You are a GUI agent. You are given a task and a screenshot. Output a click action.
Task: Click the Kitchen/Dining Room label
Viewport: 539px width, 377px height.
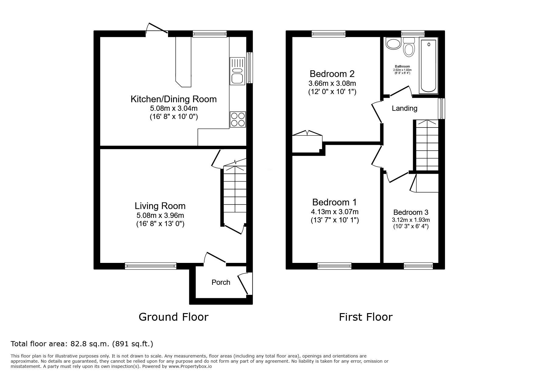click(173, 99)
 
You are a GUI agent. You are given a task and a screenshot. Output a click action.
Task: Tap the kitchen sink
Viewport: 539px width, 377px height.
click(237, 71)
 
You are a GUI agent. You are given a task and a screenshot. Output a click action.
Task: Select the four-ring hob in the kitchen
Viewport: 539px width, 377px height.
click(238, 120)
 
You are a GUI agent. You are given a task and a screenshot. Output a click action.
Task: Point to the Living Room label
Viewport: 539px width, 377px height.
click(160, 206)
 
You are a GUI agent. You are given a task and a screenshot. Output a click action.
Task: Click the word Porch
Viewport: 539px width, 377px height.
click(221, 282)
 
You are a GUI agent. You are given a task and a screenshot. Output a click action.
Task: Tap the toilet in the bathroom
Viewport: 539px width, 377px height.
click(409, 47)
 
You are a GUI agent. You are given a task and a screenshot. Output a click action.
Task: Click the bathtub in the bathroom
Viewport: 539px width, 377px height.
click(429, 65)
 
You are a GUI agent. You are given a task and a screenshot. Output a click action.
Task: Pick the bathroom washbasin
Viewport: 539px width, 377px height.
click(393, 43)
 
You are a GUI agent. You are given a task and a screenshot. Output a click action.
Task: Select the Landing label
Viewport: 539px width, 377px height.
click(404, 108)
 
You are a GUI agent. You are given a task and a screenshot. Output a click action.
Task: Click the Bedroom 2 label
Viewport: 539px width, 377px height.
click(332, 74)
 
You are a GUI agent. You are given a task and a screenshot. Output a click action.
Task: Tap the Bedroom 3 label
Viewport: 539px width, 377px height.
click(411, 212)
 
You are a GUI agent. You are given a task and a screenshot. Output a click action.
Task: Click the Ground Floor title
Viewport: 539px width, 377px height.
click(173, 317)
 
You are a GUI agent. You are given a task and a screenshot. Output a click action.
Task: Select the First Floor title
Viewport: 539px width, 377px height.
click(366, 317)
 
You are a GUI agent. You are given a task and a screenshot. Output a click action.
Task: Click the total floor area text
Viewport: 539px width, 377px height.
click(82, 344)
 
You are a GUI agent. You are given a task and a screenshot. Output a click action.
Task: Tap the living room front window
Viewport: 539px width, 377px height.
click(151, 266)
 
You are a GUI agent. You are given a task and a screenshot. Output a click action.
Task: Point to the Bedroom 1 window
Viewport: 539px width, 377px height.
click(334, 266)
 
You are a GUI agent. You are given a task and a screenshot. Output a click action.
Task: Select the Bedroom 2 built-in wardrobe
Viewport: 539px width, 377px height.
click(307, 143)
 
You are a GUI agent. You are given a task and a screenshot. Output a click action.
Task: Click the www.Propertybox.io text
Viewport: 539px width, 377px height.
click(190, 367)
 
